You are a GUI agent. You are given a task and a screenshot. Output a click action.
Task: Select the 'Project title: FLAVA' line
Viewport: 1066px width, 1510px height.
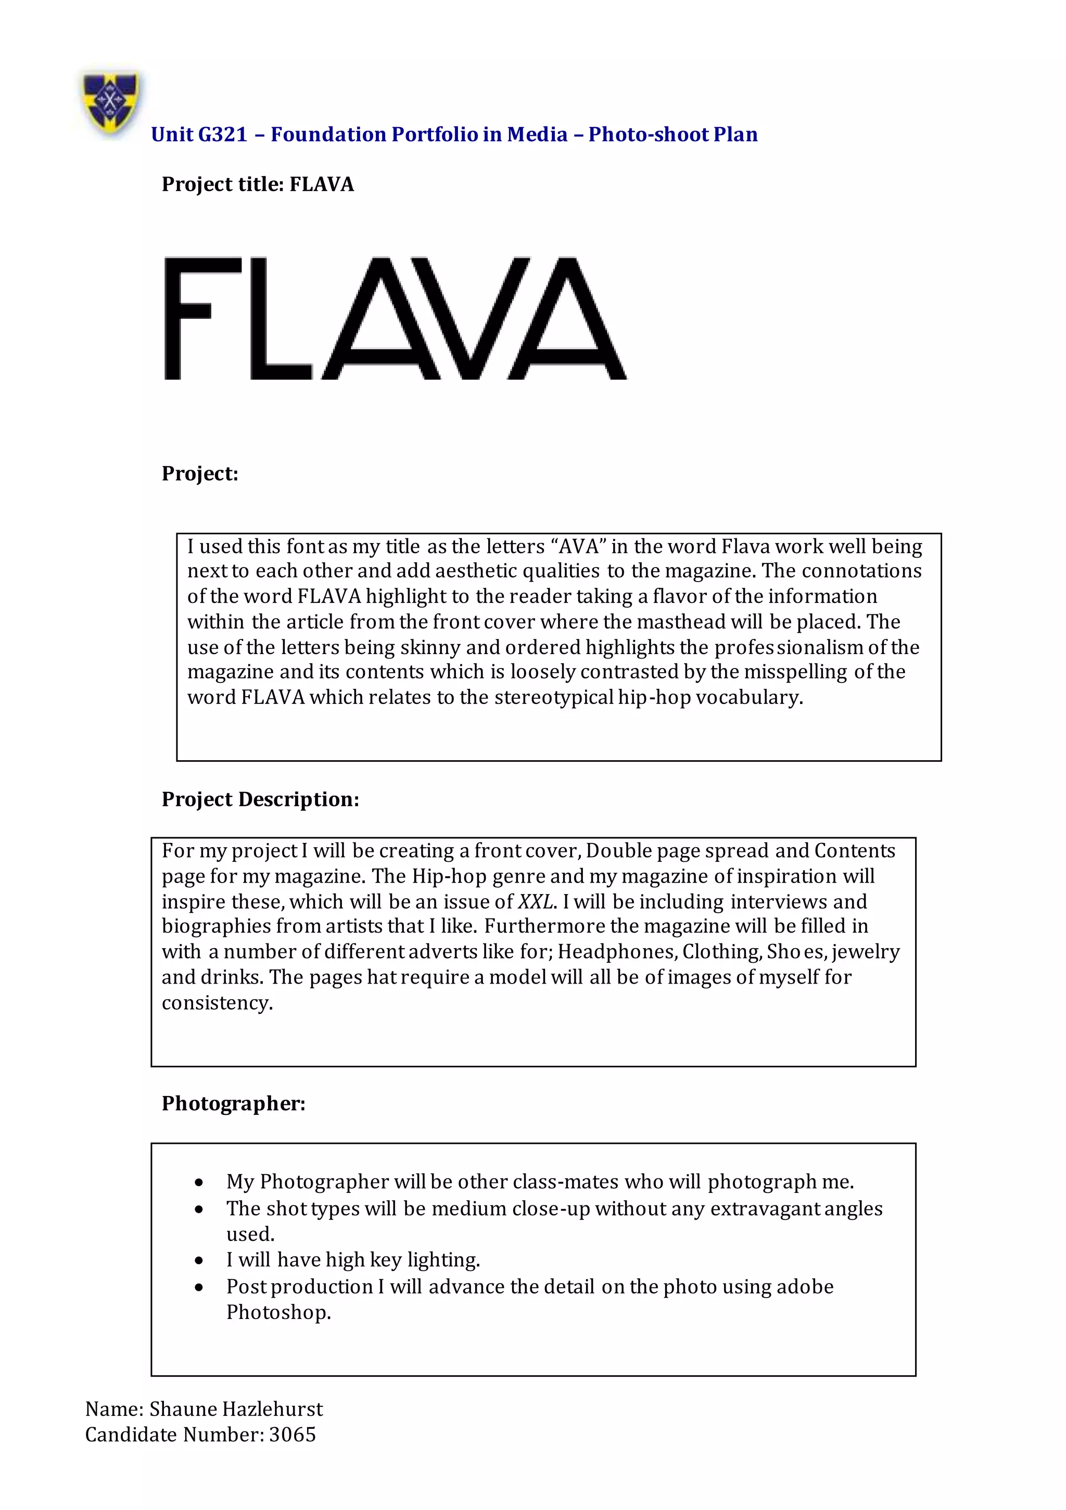click(x=257, y=184)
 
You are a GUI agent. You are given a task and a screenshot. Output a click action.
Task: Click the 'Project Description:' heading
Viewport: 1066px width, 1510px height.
click(x=260, y=799)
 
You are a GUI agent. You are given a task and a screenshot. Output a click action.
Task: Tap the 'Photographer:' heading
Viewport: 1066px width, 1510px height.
click(x=234, y=1103)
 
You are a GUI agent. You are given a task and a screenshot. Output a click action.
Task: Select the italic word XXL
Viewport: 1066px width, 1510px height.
click(x=536, y=902)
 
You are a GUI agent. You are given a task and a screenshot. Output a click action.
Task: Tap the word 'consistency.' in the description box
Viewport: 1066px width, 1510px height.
click(x=217, y=1003)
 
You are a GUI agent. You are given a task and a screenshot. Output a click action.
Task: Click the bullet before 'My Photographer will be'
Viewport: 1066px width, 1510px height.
click(x=199, y=1183)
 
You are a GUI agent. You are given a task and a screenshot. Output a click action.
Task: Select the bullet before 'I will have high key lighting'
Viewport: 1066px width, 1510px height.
click(x=199, y=1261)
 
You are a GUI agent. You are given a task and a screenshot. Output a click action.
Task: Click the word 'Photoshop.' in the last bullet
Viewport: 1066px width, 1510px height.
click(x=278, y=1312)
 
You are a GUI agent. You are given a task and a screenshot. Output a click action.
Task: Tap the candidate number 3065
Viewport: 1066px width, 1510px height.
click(x=292, y=1435)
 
